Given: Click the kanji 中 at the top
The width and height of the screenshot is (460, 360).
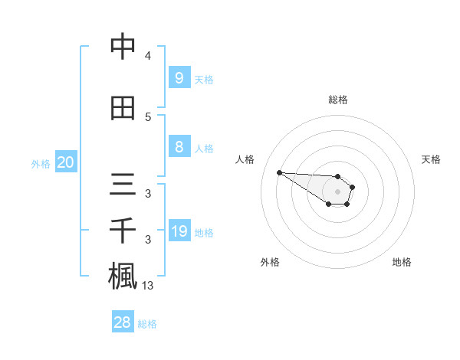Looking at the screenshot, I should (123, 47).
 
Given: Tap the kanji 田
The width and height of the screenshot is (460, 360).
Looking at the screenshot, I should (123, 108).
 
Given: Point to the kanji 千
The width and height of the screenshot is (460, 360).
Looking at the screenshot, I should (123, 231).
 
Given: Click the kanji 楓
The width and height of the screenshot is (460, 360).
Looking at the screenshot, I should (123, 276).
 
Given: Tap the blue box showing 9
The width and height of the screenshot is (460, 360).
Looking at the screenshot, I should (179, 78).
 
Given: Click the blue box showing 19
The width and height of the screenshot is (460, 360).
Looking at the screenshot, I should (179, 232).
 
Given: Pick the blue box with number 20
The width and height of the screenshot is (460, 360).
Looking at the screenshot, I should (65, 162).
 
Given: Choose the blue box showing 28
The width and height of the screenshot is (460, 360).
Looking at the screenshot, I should (123, 322).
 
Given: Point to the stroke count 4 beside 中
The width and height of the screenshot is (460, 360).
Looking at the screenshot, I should (148, 55).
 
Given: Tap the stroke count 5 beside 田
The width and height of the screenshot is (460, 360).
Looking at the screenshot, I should (148, 116).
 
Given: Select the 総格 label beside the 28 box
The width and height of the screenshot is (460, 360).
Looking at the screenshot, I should (147, 324).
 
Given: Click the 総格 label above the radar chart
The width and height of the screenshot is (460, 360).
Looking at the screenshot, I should (337, 100).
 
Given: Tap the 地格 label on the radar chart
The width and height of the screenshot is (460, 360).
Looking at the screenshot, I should (402, 262).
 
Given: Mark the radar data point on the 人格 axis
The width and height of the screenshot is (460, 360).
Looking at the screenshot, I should (279, 172).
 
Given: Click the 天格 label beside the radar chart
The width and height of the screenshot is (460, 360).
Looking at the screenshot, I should (431, 159).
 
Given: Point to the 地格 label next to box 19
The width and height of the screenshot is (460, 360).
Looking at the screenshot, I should (204, 233).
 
